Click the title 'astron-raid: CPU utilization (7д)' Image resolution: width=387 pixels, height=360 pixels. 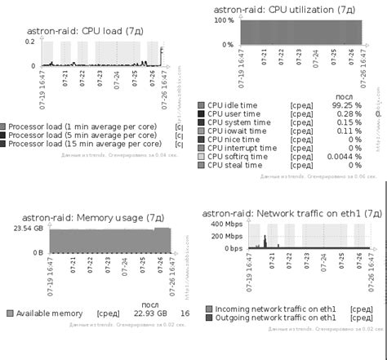[x=283, y=10]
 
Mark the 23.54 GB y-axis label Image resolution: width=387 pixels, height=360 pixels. [x=28, y=229]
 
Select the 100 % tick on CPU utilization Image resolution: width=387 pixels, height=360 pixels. [x=224, y=20]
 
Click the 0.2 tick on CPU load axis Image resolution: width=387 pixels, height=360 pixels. [x=30, y=41]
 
